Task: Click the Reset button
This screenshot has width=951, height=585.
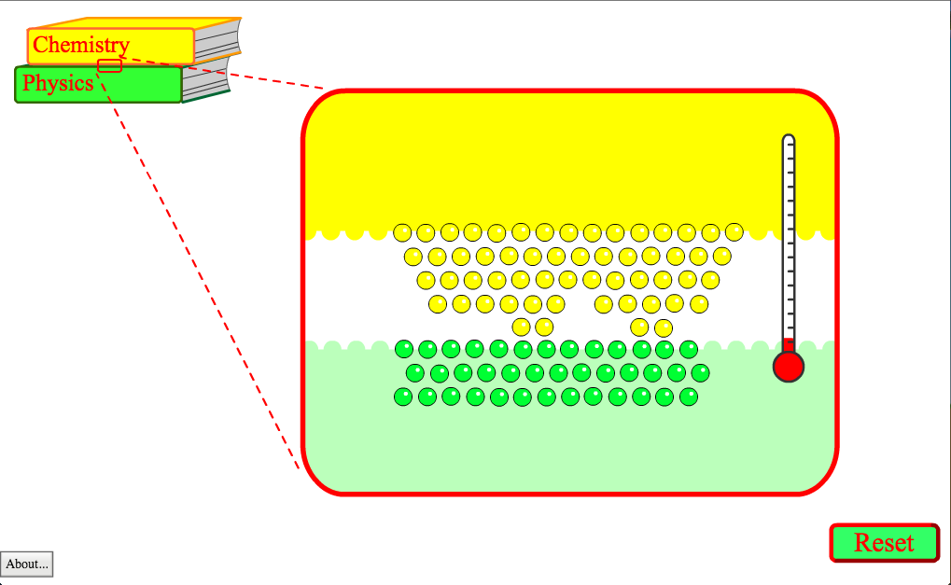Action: pos(885,543)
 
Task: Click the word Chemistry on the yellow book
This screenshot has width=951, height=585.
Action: pos(81,45)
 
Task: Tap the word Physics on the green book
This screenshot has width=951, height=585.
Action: pos(58,83)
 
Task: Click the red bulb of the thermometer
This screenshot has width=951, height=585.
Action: pos(789,367)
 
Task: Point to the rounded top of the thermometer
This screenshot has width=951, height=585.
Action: pos(789,139)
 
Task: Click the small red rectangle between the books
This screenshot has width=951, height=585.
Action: pos(110,65)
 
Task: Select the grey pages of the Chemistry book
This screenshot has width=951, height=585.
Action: pos(217,41)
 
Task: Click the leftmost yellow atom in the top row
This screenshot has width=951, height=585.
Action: pos(402,232)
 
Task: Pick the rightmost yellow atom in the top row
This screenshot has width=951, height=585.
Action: pos(734,231)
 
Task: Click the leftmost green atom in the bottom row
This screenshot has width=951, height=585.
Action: pos(403,397)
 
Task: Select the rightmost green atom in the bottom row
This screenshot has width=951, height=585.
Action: pos(689,397)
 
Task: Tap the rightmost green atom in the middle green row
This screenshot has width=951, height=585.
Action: pos(700,373)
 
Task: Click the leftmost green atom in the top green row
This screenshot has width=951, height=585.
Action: pos(404,349)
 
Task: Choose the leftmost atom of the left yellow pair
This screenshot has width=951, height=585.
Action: pos(521,327)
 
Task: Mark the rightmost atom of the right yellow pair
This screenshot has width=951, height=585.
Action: pos(664,328)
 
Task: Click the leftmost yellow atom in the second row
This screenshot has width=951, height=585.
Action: pos(413,257)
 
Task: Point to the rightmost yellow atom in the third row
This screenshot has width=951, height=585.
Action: pos(710,280)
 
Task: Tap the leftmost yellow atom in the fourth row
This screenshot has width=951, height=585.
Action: pos(438,304)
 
